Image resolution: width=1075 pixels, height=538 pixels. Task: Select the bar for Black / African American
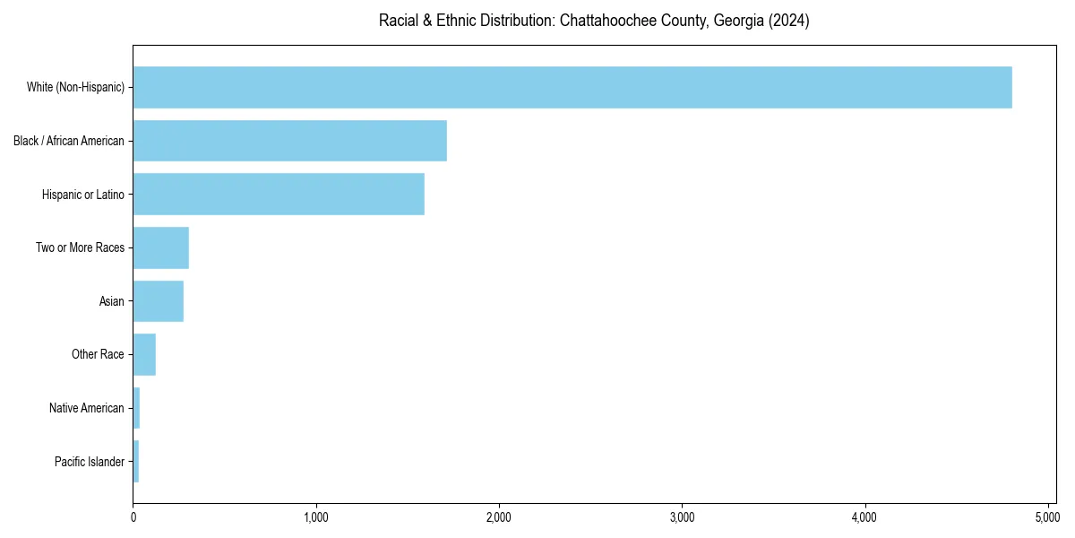tap(289, 141)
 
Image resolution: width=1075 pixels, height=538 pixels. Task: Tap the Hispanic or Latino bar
tap(279, 194)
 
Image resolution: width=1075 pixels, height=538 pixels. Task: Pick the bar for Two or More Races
tap(160, 247)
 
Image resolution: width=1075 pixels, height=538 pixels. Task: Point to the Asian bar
tap(158, 301)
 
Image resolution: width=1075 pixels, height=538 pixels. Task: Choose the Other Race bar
tap(144, 354)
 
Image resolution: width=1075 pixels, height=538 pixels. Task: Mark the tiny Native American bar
tap(136, 408)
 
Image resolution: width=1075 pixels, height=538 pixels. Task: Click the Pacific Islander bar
tap(136, 462)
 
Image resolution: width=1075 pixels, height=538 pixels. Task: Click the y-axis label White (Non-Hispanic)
tap(75, 87)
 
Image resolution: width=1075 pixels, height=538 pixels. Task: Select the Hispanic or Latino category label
tap(83, 195)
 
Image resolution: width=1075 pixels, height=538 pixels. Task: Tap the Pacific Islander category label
tap(89, 462)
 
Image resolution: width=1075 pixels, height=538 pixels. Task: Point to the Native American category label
tap(86, 408)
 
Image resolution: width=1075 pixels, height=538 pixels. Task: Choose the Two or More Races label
tap(80, 247)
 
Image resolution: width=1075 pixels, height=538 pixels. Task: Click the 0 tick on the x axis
tap(133, 517)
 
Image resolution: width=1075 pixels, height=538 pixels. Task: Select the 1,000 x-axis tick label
tap(316, 517)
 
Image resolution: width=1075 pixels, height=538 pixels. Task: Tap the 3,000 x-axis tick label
tap(682, 517)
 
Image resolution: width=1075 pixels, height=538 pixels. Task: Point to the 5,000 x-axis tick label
tap(1047, 517)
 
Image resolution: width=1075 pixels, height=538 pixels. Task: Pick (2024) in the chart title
tap(787, 21)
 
